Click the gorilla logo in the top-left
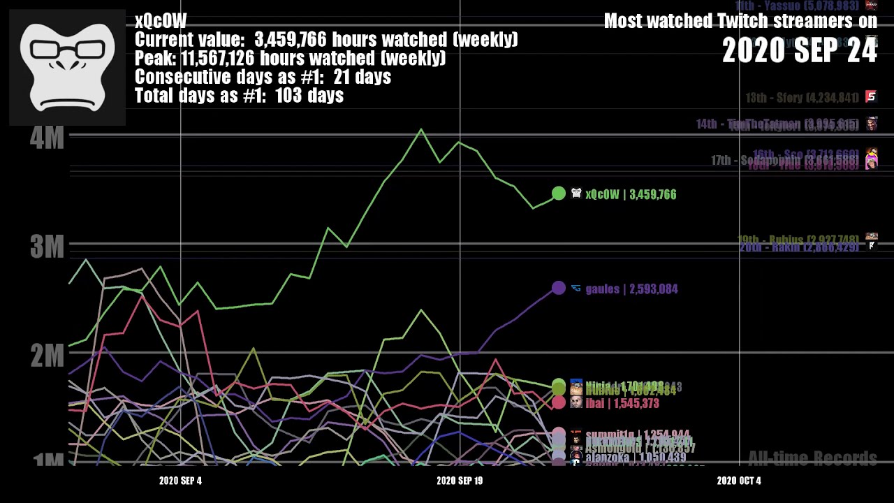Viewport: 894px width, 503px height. pos(67,67)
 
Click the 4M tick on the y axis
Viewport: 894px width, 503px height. pos(47,137)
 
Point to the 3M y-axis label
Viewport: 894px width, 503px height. pos(47,247)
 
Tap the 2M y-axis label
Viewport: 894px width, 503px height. pos(47,356)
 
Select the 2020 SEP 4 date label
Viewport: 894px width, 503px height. pos(180,481)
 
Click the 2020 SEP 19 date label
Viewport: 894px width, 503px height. pos(459,481)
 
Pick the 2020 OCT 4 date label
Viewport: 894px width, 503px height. pos(738,481)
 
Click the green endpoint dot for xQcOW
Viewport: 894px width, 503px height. pos(558,194)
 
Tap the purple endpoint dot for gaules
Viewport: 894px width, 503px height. pos(558,288)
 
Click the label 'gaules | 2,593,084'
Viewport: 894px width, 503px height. pos(631,289)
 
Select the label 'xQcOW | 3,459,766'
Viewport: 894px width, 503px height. pos(631,195)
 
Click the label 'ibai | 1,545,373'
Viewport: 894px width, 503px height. pos(622,404)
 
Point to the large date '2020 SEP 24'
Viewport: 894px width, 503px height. pos(799,51)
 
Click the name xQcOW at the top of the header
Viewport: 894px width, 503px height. pos(161,21)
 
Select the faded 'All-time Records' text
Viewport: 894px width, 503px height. pos(812,459)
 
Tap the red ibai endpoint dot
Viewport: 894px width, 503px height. pos(558,402)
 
